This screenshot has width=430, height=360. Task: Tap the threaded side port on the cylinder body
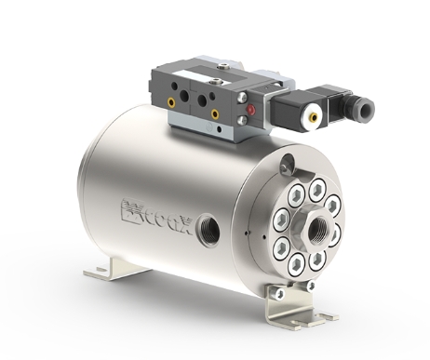208,229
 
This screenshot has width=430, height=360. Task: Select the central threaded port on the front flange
317,229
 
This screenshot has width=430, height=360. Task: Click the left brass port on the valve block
171,102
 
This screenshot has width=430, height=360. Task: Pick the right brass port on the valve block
215,114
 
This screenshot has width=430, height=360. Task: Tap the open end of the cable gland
367,109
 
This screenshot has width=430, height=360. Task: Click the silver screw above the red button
242,98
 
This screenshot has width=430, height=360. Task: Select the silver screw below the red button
242,120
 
